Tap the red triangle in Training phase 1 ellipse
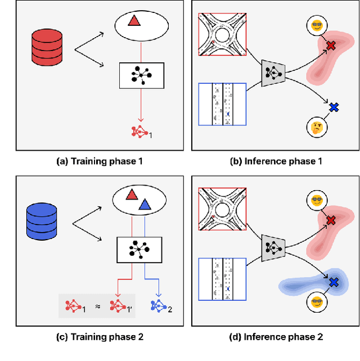click(x=134, y=22)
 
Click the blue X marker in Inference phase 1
click(x=334, y=106)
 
